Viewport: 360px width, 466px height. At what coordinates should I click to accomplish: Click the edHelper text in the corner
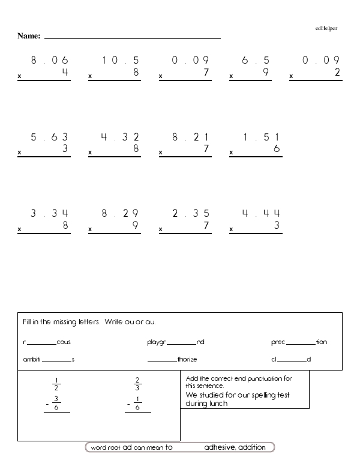click(x=326, y=28)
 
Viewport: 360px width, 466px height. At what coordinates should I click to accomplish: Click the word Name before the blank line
click(x=28, y=37)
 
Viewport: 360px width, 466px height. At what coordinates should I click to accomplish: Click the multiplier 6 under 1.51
click(x=276, y=149)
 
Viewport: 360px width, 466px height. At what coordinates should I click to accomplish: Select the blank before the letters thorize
click(x=162, y=360)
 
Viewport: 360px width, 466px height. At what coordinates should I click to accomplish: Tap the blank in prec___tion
click(x=301, y=343)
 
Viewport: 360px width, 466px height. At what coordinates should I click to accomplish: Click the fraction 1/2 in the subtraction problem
click(x=56, y=384)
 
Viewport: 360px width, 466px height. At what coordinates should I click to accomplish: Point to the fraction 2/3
click(x=137, y=384)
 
